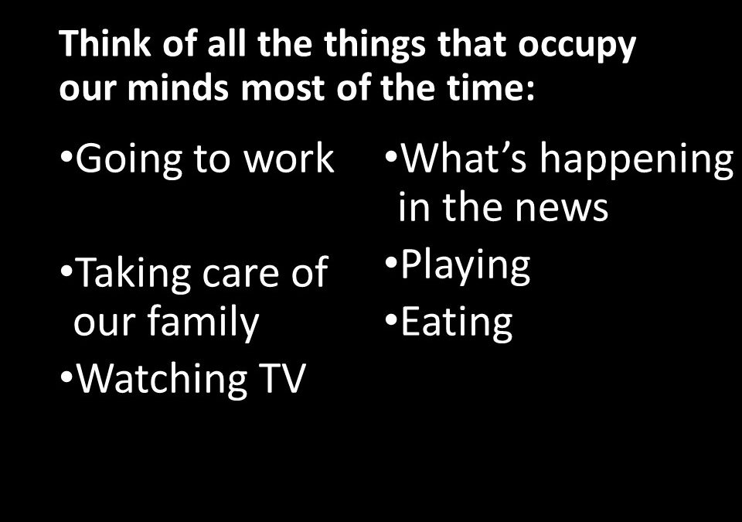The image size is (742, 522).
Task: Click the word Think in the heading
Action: coord(104,43)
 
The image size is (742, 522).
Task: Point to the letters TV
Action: coord(281,378)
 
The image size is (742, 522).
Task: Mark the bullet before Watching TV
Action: coord(66,377)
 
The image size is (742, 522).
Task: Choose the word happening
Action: coord(636,161)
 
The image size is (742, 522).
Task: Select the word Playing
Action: coord(465,267)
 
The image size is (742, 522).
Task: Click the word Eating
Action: coord(457,324)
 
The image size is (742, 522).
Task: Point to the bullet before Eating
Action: coord(391,319)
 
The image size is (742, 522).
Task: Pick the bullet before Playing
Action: coord(391,261)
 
